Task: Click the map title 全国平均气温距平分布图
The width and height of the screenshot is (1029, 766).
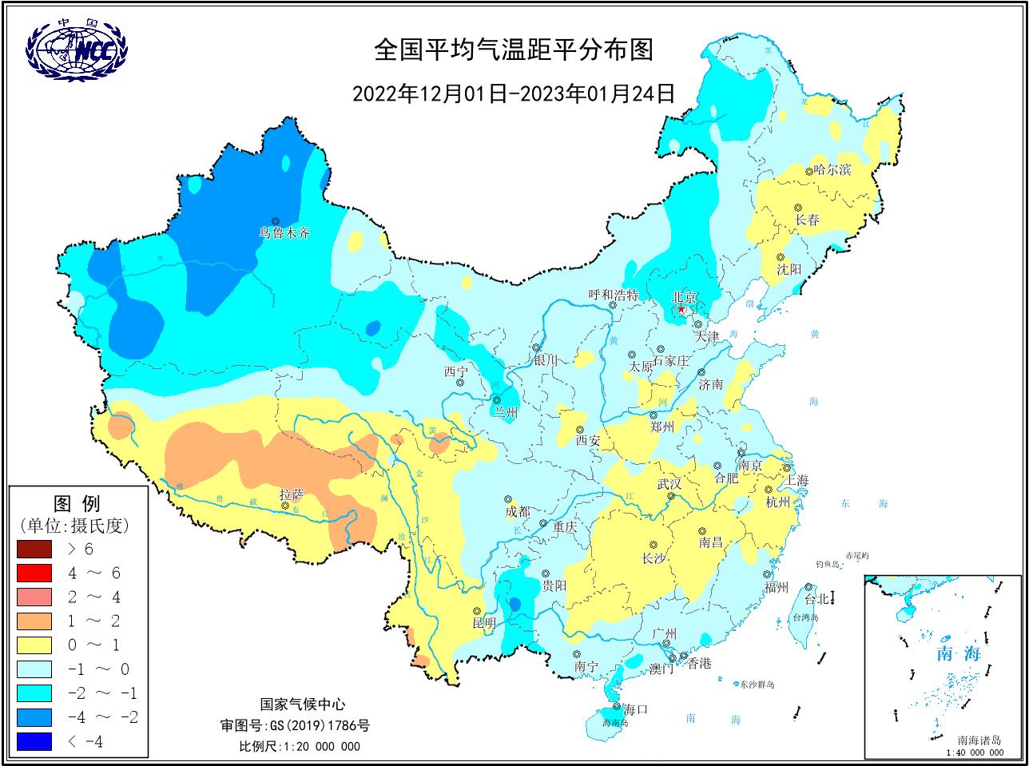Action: pos(514,50)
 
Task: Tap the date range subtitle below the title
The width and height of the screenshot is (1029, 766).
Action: pos(514,93)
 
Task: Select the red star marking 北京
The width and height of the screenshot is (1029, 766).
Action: pos(681,309)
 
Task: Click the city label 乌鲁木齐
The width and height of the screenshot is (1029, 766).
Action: pos(284,234)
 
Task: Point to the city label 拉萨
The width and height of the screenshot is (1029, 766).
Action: pos(292,494)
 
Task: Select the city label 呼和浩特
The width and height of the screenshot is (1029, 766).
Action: pos(614,295)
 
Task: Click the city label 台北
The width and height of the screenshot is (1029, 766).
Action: pos(816,599)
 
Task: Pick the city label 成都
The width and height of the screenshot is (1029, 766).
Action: pos(517,511)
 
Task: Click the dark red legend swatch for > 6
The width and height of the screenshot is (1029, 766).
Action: pos(34,550)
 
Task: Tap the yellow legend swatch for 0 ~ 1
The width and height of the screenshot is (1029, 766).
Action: pos(34,645)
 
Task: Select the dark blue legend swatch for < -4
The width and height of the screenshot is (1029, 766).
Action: pos(34,741)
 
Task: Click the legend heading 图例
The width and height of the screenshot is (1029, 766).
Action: pos(77,504)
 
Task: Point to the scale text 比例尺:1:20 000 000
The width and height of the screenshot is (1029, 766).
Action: pos(300,746)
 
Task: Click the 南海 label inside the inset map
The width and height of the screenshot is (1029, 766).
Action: pos(958,653)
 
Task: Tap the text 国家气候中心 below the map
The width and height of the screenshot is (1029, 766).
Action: pos(303,704)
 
